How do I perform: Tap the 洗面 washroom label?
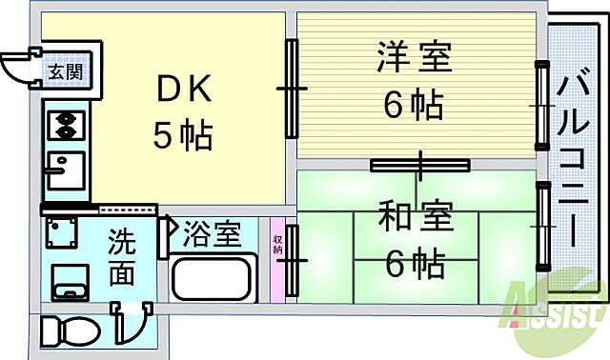pyautogui.click(x=121, y=254)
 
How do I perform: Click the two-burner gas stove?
pyautogui.click(x=66, y=123)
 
